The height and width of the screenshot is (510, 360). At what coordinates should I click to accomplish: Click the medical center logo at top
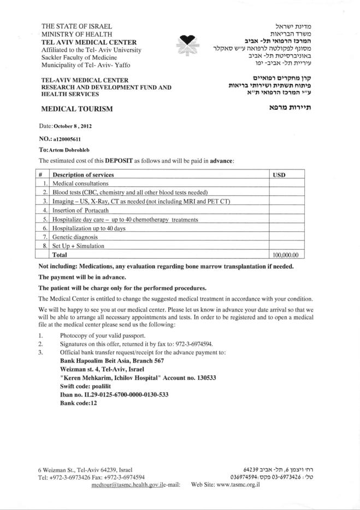coord(188,45)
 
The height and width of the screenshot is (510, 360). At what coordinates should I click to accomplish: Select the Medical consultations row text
coord(80,184)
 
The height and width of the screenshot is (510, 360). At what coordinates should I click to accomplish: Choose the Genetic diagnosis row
coord(75,237)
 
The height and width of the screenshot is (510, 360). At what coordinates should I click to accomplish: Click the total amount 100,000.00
coord(288,255)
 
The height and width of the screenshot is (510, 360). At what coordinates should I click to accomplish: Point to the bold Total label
coord(60,255)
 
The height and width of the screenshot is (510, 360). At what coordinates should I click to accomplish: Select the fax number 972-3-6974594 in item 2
coord(193,344)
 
